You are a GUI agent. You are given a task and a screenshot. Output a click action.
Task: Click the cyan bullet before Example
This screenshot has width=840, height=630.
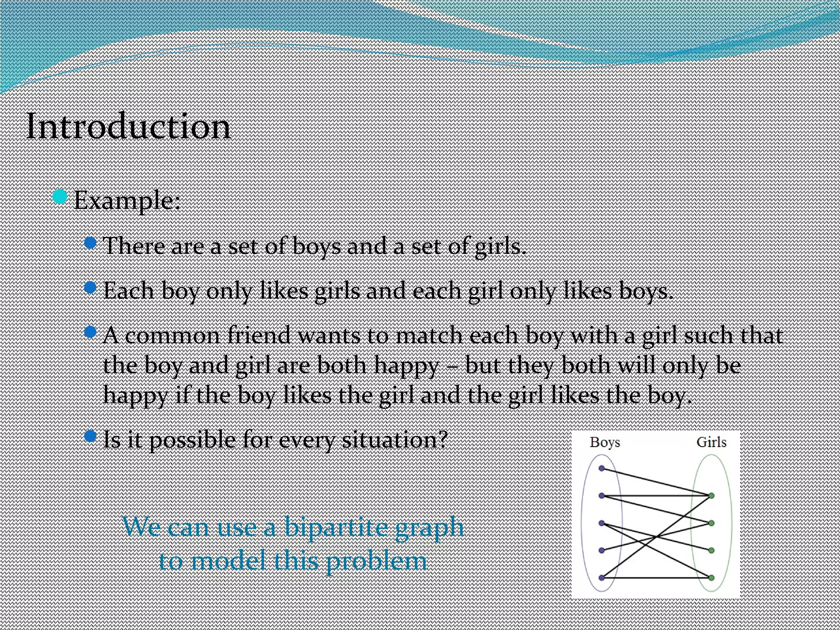point(60,197)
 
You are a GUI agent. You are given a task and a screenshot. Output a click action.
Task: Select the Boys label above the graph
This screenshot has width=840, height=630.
point(605,442)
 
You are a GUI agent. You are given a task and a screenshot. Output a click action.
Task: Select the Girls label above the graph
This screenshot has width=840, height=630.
point(711,442)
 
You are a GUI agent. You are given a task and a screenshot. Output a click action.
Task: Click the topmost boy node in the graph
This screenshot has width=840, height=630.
point(602,468)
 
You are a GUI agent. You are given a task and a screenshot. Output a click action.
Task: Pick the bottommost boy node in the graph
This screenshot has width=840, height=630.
point(602,578)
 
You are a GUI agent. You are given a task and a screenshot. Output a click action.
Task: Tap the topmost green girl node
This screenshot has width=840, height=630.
point(712,496)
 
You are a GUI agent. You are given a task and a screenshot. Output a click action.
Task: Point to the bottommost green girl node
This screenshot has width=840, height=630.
point(712,578)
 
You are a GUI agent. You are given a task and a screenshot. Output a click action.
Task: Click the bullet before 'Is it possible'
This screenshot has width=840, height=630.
point(90,436)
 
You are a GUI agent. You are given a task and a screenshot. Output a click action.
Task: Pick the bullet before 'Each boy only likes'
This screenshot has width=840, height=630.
point(90,287)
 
